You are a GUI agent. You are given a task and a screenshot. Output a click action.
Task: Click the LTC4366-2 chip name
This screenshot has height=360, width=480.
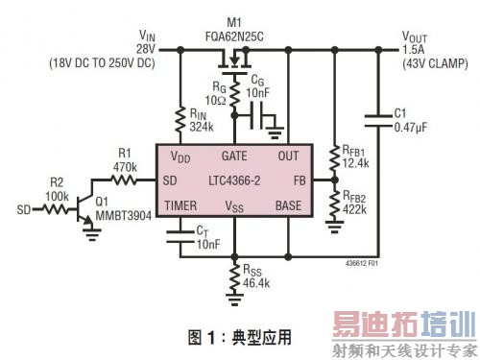pyautogui.click(x=235, y=180)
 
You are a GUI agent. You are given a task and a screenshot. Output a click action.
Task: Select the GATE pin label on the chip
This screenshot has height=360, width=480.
pyautogui.click(x=235, y=156)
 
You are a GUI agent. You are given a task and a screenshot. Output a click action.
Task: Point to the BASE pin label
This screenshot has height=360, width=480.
pyautogui.click(x=288, y=205)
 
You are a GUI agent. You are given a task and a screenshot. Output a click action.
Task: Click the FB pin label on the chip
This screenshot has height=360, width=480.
pyautogui.click(x=298, y=180)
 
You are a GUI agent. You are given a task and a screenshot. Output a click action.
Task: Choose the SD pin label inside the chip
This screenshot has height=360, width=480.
pyautogui.click(x=171, y=180)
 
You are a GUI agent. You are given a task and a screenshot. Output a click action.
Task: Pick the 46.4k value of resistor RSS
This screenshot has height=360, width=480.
pyautogui.click(x=257, y=284)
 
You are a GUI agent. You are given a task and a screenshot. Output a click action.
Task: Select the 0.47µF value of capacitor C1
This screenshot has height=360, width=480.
pyautogui.click(x=414, y=126)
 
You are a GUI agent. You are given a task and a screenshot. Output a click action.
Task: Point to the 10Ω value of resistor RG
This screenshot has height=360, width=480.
pyautogui.click(x=214, y=101)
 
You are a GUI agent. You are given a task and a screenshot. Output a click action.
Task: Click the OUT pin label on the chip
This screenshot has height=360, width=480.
pyautogui.click(x=288, y=156)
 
